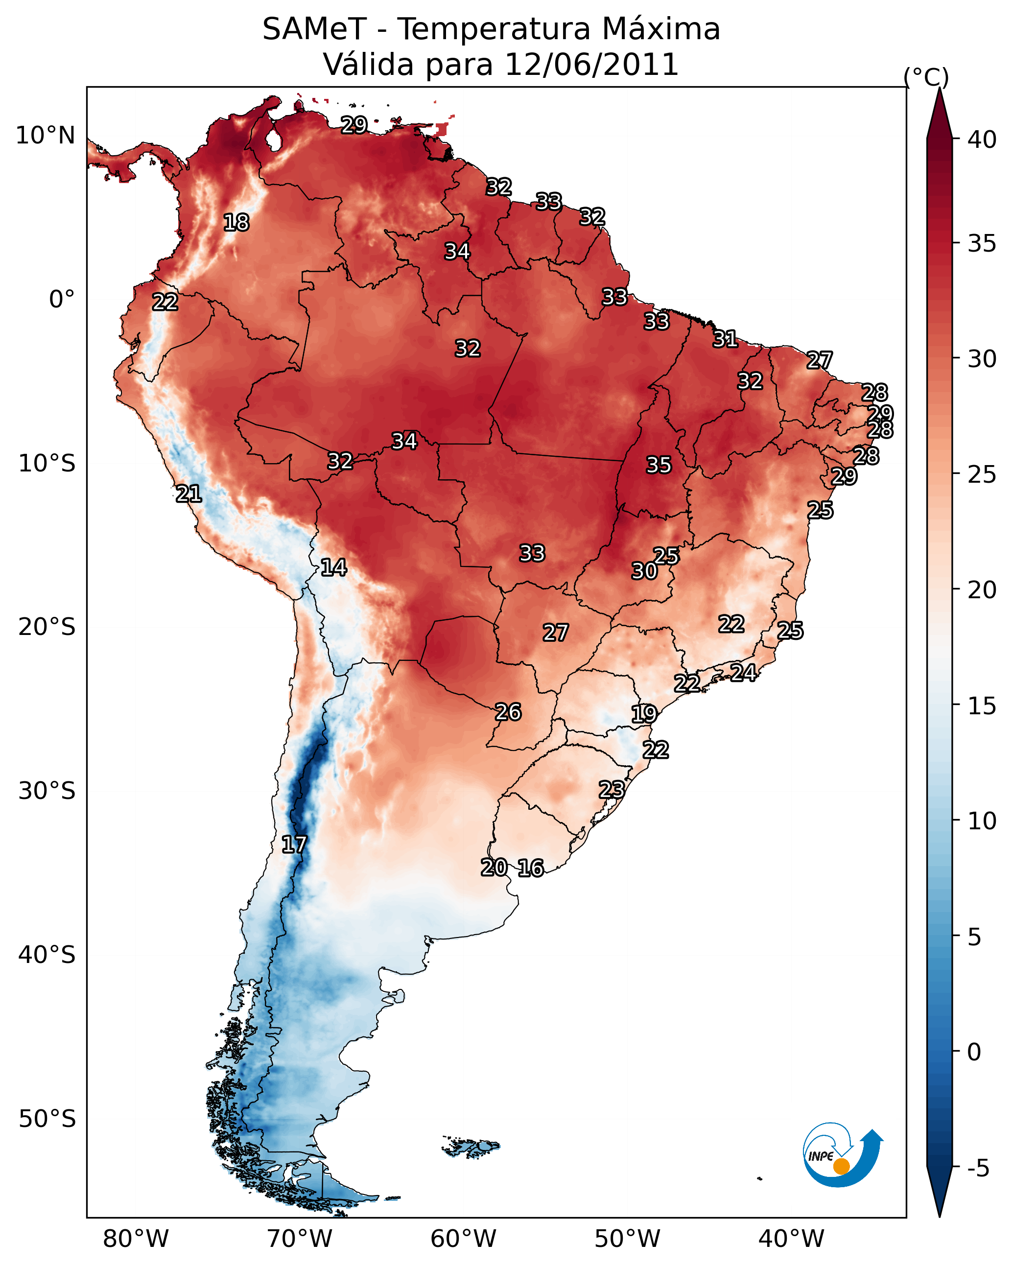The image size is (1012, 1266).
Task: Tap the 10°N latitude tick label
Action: (x=45, y=136)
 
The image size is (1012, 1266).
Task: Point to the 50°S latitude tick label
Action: (x=47, y=1119)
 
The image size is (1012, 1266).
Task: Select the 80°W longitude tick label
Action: (x=136, y=1239)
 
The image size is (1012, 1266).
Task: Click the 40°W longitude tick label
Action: (x=791, y=1239)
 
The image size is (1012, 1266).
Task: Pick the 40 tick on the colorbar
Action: (x=982, y=140)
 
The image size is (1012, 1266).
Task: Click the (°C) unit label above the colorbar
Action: (x=926, y=77)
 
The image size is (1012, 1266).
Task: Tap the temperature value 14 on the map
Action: (x=333, y=567)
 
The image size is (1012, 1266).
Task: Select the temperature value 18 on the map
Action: (x=236, y=223)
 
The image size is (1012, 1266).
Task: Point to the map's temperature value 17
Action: (x=294, y=844)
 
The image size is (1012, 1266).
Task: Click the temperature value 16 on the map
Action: (x=531, y=868)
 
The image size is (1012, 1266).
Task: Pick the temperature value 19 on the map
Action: (x=644, y=714)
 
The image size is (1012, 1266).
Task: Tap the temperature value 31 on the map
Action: (x=726, y=339)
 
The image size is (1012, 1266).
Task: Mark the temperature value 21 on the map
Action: (x=188, y=494)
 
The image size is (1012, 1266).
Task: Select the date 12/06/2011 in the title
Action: (x=591, y=65)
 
